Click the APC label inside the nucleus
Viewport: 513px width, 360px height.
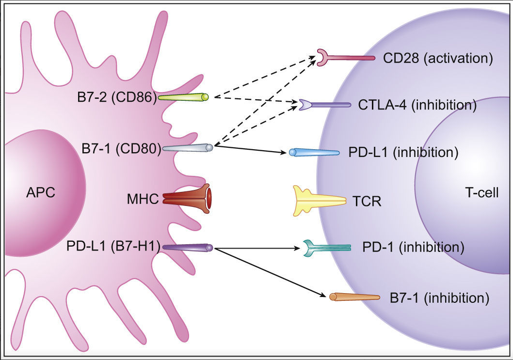(x=40, y=193)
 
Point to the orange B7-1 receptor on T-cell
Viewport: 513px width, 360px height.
(x=354, y=297)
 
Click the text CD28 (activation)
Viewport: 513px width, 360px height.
(x=437, y=59)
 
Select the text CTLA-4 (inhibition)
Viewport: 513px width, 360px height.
(x=417, y=105)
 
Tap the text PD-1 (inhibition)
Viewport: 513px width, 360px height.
(x=413, y=248)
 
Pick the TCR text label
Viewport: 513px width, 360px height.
(x=367, y=201)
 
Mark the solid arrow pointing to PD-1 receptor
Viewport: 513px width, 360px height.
(x=257, y=248)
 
